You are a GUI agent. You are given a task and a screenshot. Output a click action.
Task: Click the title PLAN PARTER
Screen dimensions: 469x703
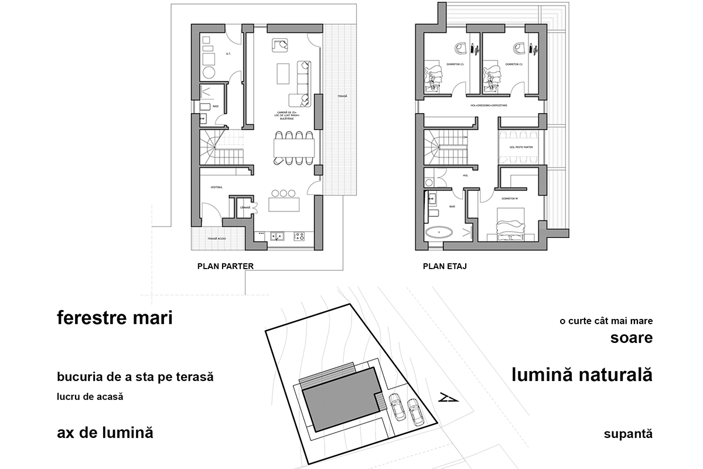[226, 266]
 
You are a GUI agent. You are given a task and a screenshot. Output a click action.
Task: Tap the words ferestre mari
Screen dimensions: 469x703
[115, 320]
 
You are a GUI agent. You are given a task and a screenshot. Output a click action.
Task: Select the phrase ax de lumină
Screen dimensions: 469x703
[105, 433]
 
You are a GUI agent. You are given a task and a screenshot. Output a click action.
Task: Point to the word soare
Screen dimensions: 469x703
[631, 338]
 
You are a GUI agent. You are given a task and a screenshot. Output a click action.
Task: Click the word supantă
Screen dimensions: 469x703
[627, 434]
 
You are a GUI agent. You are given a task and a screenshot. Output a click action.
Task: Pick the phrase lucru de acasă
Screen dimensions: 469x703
[90, 396]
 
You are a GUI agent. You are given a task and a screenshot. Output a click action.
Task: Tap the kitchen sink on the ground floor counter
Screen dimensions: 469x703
[278, 236]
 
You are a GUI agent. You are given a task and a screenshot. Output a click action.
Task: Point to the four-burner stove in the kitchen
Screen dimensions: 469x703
[299, 236]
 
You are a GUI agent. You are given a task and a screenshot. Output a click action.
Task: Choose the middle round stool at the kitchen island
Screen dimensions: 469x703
[284, 193]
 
